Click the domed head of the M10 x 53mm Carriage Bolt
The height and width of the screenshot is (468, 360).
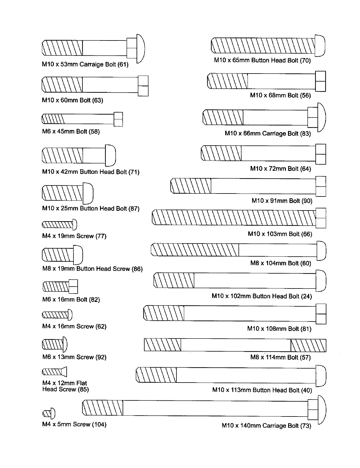coord(140,48)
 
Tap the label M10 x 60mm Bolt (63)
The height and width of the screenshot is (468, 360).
coord(72,100)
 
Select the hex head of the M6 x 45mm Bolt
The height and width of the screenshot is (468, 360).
coord(118,119)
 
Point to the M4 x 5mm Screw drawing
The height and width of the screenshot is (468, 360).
coord(49,413)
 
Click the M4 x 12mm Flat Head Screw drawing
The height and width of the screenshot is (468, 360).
coord(54,372)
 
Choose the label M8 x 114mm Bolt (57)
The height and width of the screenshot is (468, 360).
coord(280,357)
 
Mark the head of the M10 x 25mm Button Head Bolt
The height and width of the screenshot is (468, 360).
coord(88,193)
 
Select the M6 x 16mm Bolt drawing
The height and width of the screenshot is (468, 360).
coord(60,286)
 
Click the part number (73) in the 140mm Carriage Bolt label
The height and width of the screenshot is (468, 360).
coord(306,426)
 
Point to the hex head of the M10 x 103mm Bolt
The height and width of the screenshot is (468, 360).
coord(321,218)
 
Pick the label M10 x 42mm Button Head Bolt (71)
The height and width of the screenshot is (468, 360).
coord(91,172)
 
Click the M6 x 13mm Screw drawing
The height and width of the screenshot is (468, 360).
coord(55,344)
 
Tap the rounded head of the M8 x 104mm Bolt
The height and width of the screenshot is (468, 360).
coord(321,250)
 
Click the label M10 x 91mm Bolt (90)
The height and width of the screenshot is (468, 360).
coord(282,201)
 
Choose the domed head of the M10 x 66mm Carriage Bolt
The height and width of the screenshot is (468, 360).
coord(322,117)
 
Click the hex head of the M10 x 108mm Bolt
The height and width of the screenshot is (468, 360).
coord(321,314)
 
